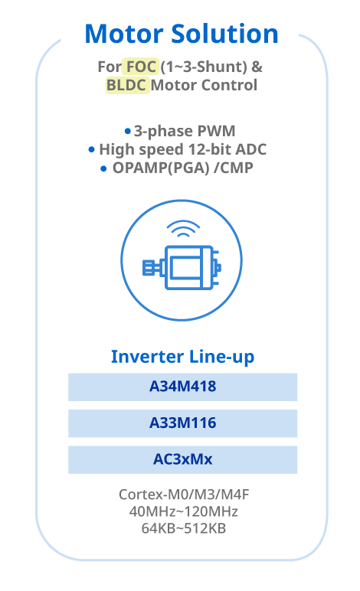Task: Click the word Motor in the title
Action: click(124, 34)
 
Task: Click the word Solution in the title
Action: click(224, 34)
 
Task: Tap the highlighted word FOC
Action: click(141, 67)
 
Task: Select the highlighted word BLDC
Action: click(127, 85)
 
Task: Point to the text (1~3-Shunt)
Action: click(204, 67)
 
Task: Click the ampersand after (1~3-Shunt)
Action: click(257, 67)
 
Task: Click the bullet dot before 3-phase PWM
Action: click(128, 131)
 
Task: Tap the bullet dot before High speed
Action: click(91, 149)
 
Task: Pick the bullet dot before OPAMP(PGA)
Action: click(103, 168)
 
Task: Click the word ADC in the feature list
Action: click(250, 149)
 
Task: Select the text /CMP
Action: click(234, 168)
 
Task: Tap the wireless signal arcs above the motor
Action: click(183, 229)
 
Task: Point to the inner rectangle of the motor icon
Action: click(185, 267)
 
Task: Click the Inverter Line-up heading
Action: click(182, 357)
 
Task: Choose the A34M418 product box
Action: click(182, 387)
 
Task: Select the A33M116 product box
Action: click(182, 423)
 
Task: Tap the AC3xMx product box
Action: click(182, 460)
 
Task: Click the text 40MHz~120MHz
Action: click(184, 511)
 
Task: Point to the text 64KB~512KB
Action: click(184, 528)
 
